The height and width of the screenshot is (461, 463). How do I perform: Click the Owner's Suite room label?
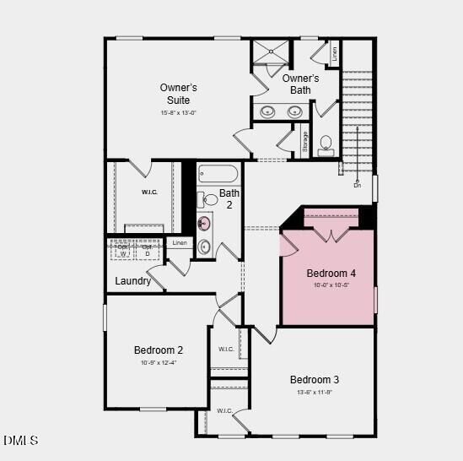click(x=179, y=94)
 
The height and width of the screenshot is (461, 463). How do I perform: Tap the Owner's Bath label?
click(x=300, y=84)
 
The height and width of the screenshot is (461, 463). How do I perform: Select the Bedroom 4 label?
click(x=331, y=274)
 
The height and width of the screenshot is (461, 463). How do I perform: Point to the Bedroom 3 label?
click(x=315, y=379)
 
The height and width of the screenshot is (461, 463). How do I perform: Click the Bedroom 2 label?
click(x=159, y=350)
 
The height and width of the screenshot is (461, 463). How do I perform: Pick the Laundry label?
click(x=133, y=281)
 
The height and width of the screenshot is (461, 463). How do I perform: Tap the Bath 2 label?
click(x=229, y=198)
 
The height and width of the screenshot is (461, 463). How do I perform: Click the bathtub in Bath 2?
click(x=218, y=174)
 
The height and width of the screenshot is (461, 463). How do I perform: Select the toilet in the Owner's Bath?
click(x=326, y=144)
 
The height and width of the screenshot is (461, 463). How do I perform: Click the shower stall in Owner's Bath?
click(x=270, y=52)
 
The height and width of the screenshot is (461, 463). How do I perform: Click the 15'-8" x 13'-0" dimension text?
click(x=179, y=113)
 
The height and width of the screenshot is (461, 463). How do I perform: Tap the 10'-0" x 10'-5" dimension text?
click(x=331, y=285)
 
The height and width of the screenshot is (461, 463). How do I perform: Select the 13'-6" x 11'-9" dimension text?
click(x=315, y=392)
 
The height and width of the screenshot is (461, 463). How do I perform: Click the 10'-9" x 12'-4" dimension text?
click(x=159, y=362)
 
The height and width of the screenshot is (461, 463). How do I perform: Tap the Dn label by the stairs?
click(x=358, y=185)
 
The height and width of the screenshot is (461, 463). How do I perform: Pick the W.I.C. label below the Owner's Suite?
click(x=149, y=193)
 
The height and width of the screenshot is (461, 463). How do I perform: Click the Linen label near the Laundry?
click(x=180, y=243)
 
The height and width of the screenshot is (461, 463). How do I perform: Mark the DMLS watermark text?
click(x=21, y=440)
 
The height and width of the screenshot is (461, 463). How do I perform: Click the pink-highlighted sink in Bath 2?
click(x=203, y=223)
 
